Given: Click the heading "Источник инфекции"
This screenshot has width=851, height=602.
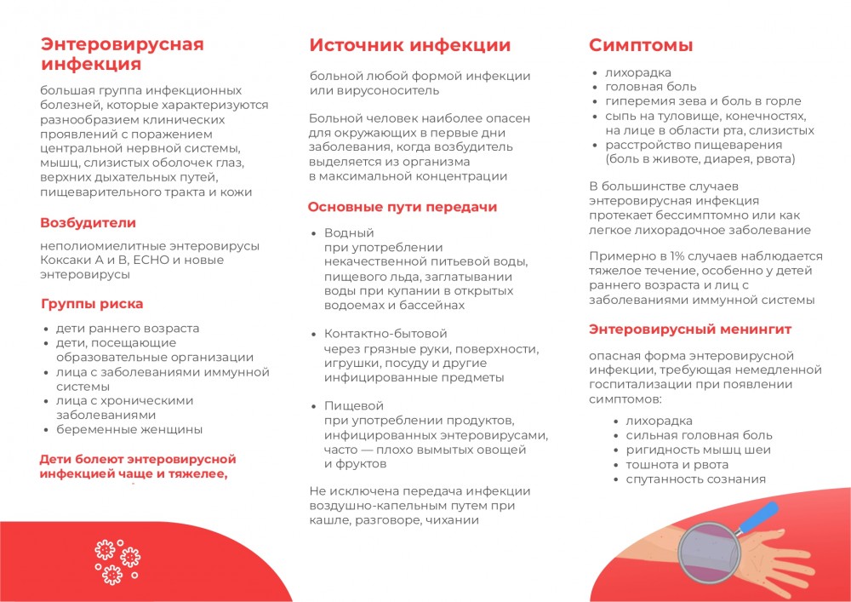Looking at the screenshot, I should coord(409,45).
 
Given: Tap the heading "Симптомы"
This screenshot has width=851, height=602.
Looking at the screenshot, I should coord(641,45).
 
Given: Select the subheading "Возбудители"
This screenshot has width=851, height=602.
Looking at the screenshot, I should coord(88,223).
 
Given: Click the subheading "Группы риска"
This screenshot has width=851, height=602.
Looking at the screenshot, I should coord(92,304).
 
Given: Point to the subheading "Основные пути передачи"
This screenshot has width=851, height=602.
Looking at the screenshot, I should coord(403,207).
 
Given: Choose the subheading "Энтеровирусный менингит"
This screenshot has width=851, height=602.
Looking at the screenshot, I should coord(690,329).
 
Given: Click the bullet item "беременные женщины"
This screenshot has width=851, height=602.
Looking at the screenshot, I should coord(129,429).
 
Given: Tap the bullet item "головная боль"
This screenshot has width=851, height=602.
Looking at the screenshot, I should coord(650,86).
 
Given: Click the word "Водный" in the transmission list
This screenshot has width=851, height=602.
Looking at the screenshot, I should coord(349,232).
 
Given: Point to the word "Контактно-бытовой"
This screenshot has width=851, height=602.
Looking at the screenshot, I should coord(386,334).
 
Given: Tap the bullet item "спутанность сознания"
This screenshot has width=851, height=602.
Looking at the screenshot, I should coord(695,479).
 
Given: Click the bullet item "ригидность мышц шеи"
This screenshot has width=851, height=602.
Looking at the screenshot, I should coord(698,450).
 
